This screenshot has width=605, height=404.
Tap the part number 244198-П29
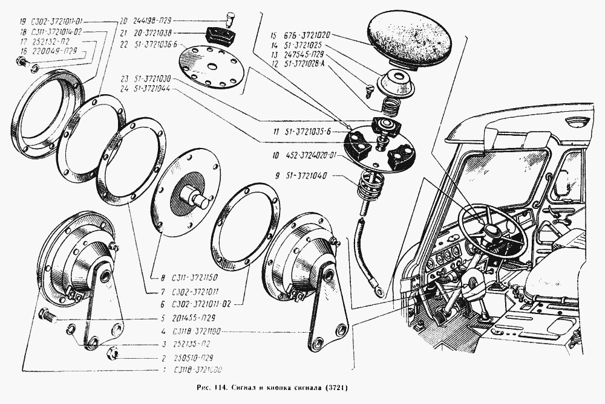[157, 19]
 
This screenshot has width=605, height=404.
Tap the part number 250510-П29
[192, 356]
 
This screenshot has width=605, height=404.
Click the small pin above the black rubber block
[229, 15]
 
